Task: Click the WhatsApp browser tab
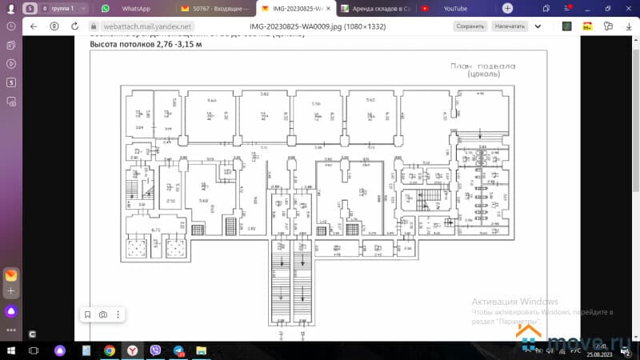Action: [132, 8]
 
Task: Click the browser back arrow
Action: [34, 26]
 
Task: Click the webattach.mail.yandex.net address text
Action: [141, 26]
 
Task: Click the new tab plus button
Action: [507, 8]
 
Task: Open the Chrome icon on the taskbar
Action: [110, 350]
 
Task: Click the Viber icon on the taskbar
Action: [155, 350]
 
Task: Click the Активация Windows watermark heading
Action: [509, 301]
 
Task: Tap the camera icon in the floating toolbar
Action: [103, 314]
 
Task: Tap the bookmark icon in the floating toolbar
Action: [87, 314]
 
